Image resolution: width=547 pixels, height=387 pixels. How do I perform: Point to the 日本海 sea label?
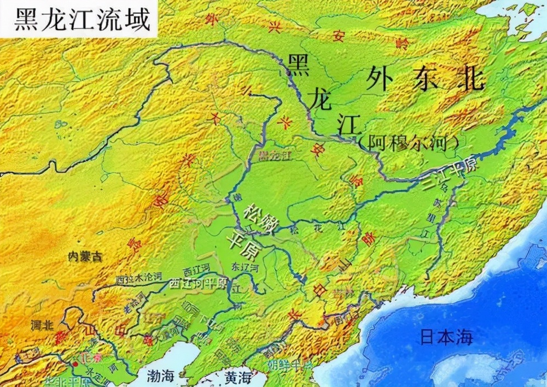pos(446,336)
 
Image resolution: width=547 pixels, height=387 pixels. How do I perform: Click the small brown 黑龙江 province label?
pos(276,156)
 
